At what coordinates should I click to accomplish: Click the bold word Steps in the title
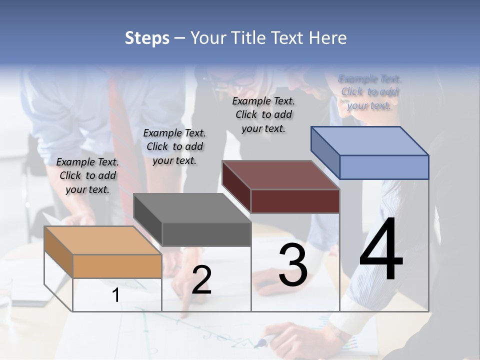(x=147, y=38)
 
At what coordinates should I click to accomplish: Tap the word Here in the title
(x=328, y=38)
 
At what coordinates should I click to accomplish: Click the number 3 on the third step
(x=292, y=265)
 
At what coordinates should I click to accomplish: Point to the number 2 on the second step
(x=201, y=280)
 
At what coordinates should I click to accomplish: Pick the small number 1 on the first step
(x=116, y=295)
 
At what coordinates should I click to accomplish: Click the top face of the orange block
(x=102, y=240)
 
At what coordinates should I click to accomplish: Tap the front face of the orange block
(x=117, y=266)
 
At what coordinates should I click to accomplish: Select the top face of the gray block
(x=192, y=208)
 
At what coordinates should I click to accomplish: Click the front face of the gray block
(x=206, y=234)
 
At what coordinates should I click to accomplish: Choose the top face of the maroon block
(x=280, y=175)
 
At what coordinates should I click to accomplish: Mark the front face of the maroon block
(x=295, y=201)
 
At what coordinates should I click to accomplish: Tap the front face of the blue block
(x=384, y=167)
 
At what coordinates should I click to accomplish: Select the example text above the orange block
(x=87, y=175)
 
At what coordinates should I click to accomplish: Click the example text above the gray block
(x=174, y=146)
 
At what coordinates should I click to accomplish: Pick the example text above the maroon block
(x=263, y=114)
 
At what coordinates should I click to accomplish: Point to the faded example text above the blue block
(x=369, y=92)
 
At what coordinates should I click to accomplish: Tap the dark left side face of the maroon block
(x=236, y=186)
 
